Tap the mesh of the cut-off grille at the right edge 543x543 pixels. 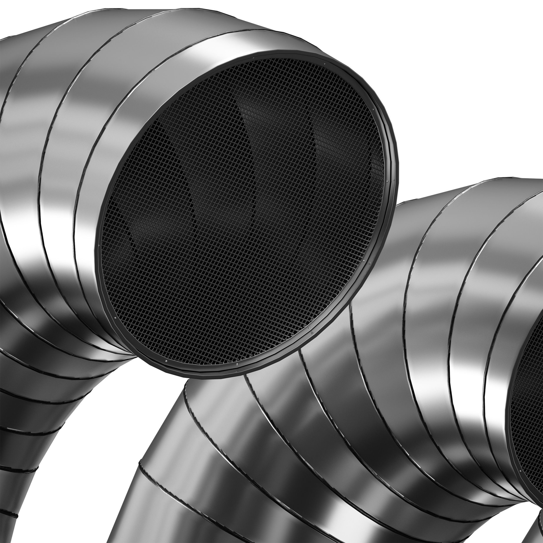pyautogui.click(x=528, y=388)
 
